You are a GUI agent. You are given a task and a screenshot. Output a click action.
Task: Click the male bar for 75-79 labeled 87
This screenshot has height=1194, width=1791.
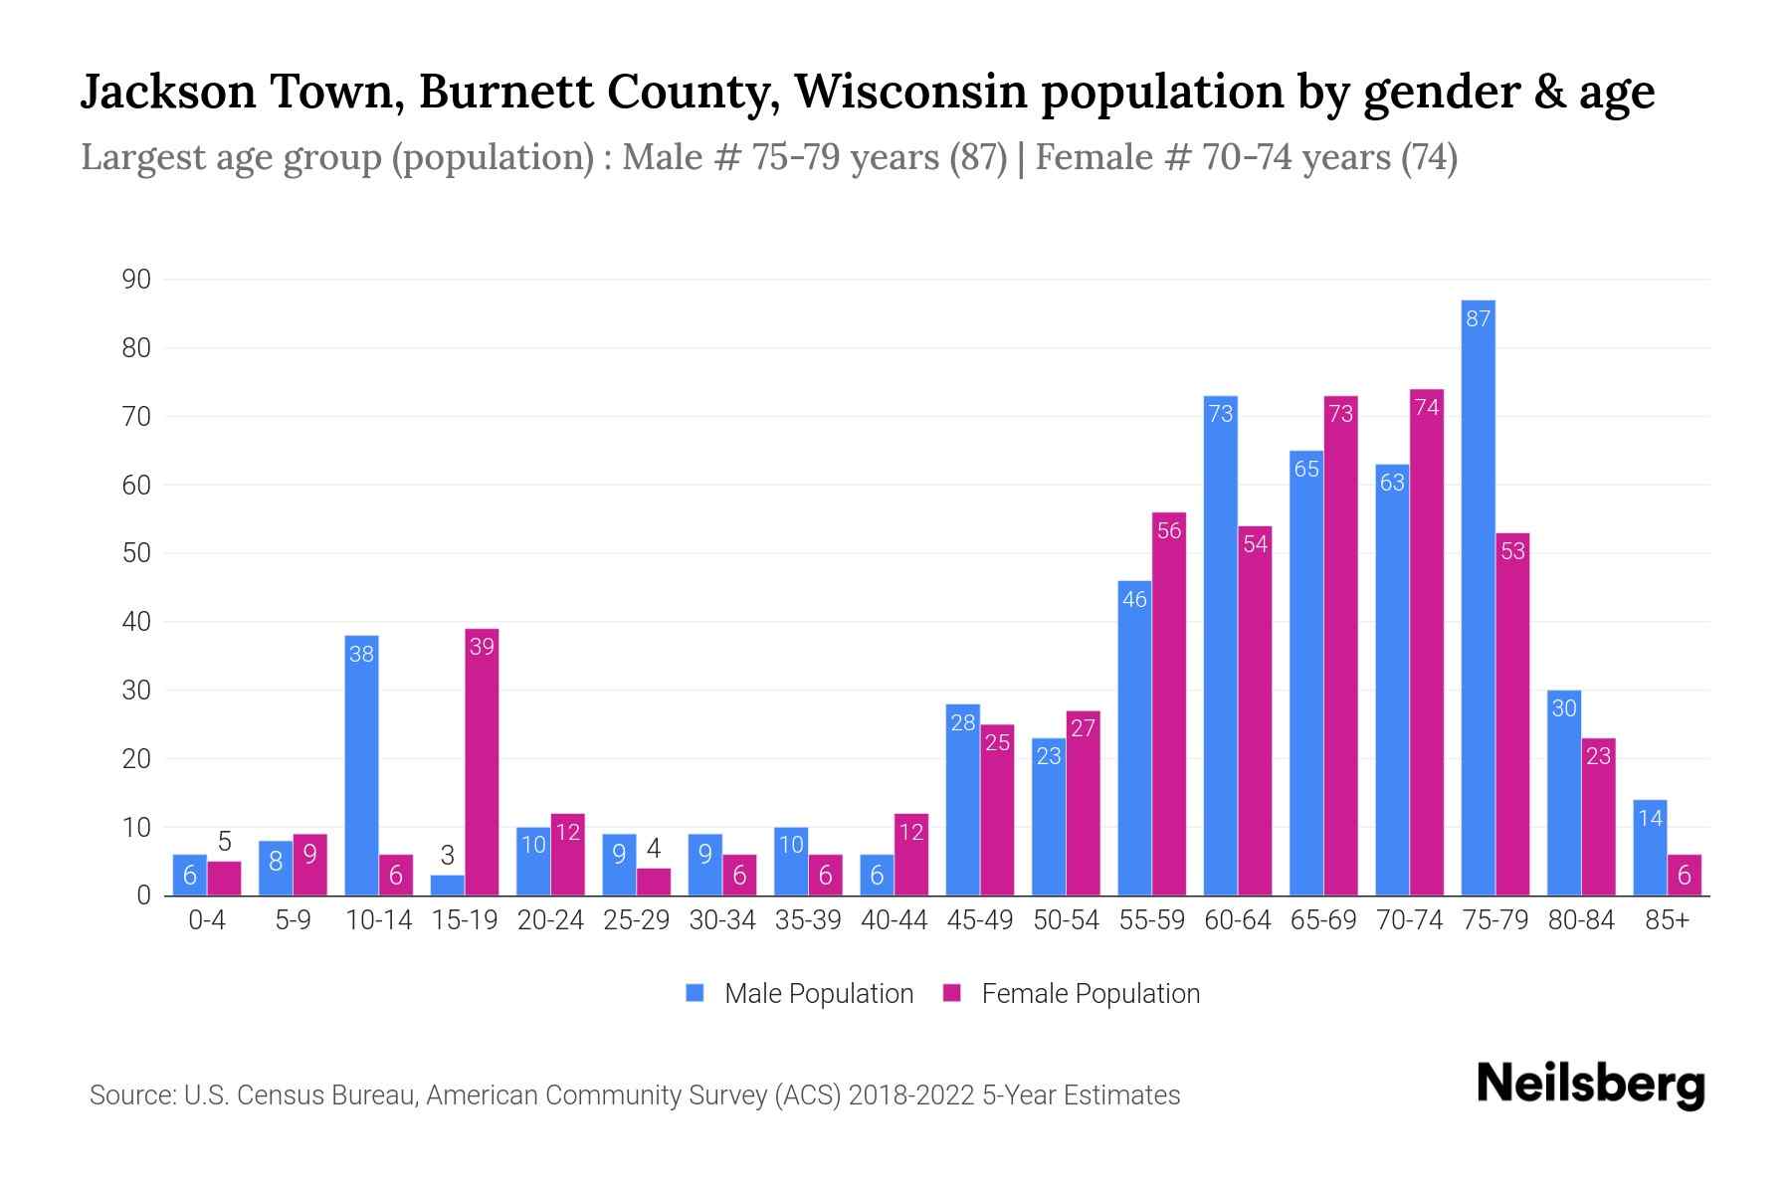click(x=1478, y=597)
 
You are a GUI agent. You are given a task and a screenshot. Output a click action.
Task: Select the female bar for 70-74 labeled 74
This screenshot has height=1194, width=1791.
click(x=1427, y=642)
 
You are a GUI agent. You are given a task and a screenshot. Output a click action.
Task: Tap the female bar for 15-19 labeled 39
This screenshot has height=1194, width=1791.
click(x=482, y=761)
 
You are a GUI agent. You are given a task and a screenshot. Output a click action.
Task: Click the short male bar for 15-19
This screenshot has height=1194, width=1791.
click(x=447, y=885)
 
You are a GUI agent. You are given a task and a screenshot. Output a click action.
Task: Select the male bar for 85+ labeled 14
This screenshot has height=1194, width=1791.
click(x=1650, y=848)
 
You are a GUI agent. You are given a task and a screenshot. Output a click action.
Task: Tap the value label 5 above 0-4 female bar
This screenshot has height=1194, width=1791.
click(x=225, y=843)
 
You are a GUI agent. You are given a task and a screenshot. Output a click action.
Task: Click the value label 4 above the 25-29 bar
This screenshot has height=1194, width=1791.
click(x=654, y=849)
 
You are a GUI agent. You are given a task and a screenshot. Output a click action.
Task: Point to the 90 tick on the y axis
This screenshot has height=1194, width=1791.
click(x=136, y=280)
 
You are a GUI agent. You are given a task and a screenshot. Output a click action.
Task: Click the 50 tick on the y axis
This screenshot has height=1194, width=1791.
click(x=136, y=553)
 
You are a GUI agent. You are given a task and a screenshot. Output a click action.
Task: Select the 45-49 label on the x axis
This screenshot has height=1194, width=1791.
click(x=980, y=920)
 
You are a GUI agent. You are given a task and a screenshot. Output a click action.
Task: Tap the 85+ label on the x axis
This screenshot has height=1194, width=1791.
click(x=1667, y=920)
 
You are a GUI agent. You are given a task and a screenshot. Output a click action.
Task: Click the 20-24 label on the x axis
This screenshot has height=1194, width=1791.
click(x=550, y=920)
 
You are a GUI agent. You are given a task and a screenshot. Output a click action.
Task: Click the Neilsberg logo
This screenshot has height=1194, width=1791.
click(x=1590, y=1085)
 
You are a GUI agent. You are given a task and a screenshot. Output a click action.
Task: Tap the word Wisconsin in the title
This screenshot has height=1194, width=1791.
click(x=909, y=92)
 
